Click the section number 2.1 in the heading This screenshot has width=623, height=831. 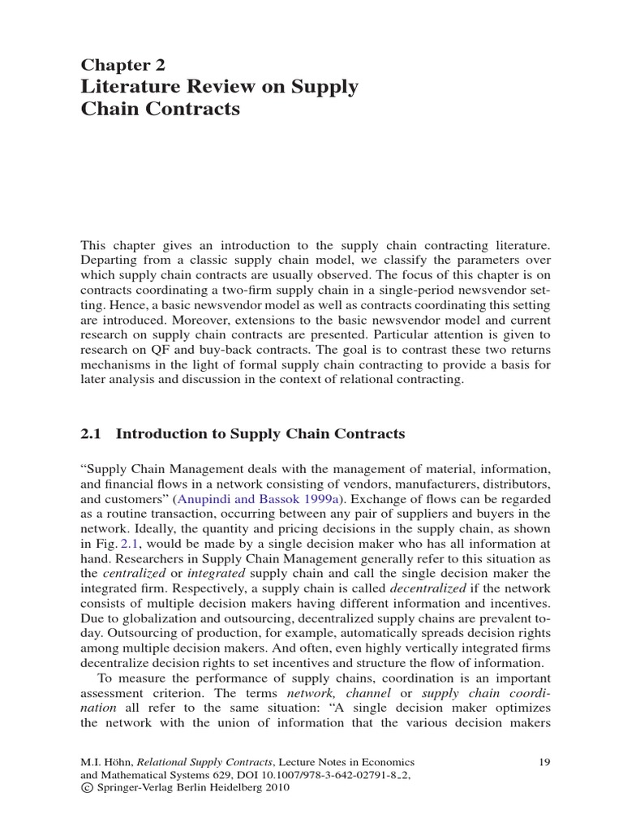click(x=91, y=434)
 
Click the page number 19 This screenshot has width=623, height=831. click(x=544, y=762)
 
